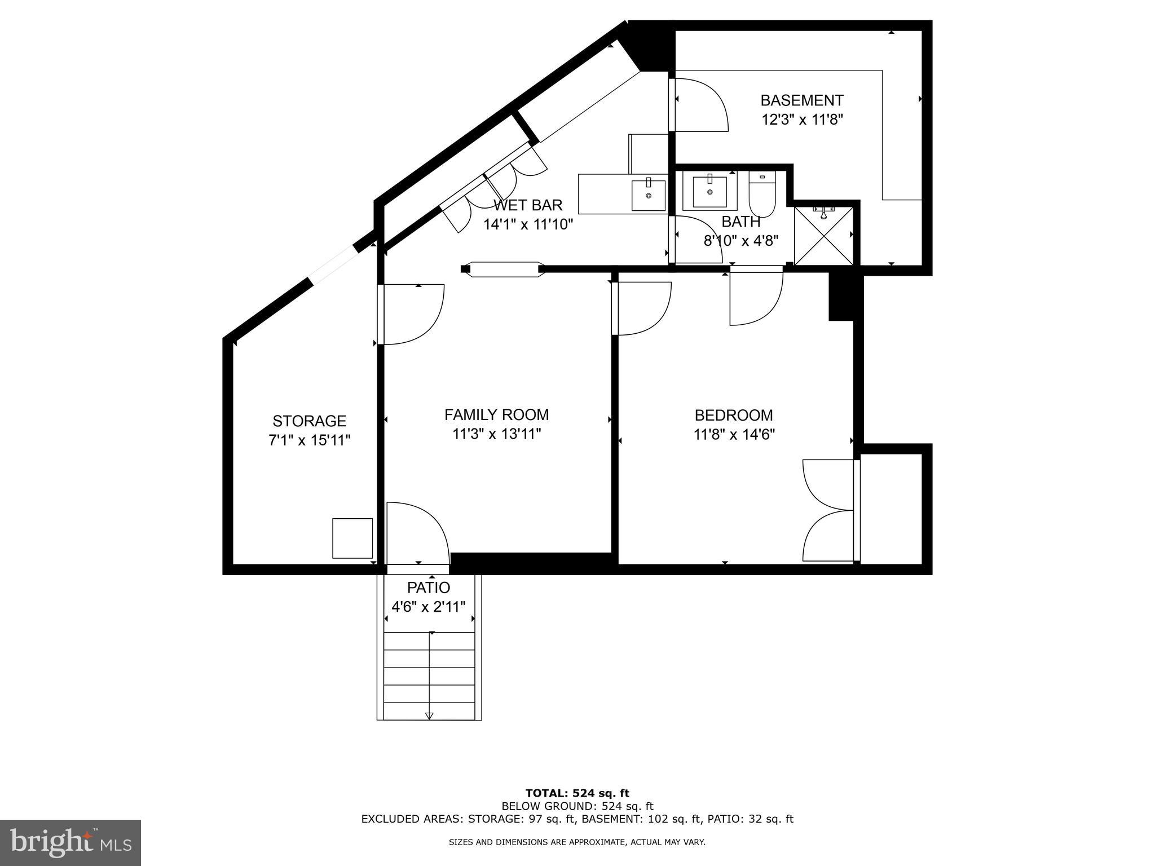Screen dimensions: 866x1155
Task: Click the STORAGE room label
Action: tap(309, 421)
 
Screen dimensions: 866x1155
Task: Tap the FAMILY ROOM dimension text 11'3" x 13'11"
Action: tap(496, 434)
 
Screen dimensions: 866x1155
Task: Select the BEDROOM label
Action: tap(733, 416)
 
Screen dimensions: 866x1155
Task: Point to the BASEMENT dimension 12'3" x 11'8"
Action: tap(802, 120)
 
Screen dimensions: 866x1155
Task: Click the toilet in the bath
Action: tap(762, 192)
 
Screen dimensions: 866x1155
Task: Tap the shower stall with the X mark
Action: tap(824, 235)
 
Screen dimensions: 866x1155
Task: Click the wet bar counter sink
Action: tap(648, 195)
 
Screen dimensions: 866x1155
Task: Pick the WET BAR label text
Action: tap(528, 205)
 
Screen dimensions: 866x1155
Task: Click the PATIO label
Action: tap(429, 588)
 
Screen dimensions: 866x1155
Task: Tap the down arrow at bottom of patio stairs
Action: tap(429, 715)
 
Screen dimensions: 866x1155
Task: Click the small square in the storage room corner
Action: tap(352, 538)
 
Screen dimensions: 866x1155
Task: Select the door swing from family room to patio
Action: tap(417, 533)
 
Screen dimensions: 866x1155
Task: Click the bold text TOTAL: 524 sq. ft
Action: tap(577, 793)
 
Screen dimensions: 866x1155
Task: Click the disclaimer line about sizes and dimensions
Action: tap(577, 842)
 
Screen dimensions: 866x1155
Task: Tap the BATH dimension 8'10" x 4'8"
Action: tap(740, 241)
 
